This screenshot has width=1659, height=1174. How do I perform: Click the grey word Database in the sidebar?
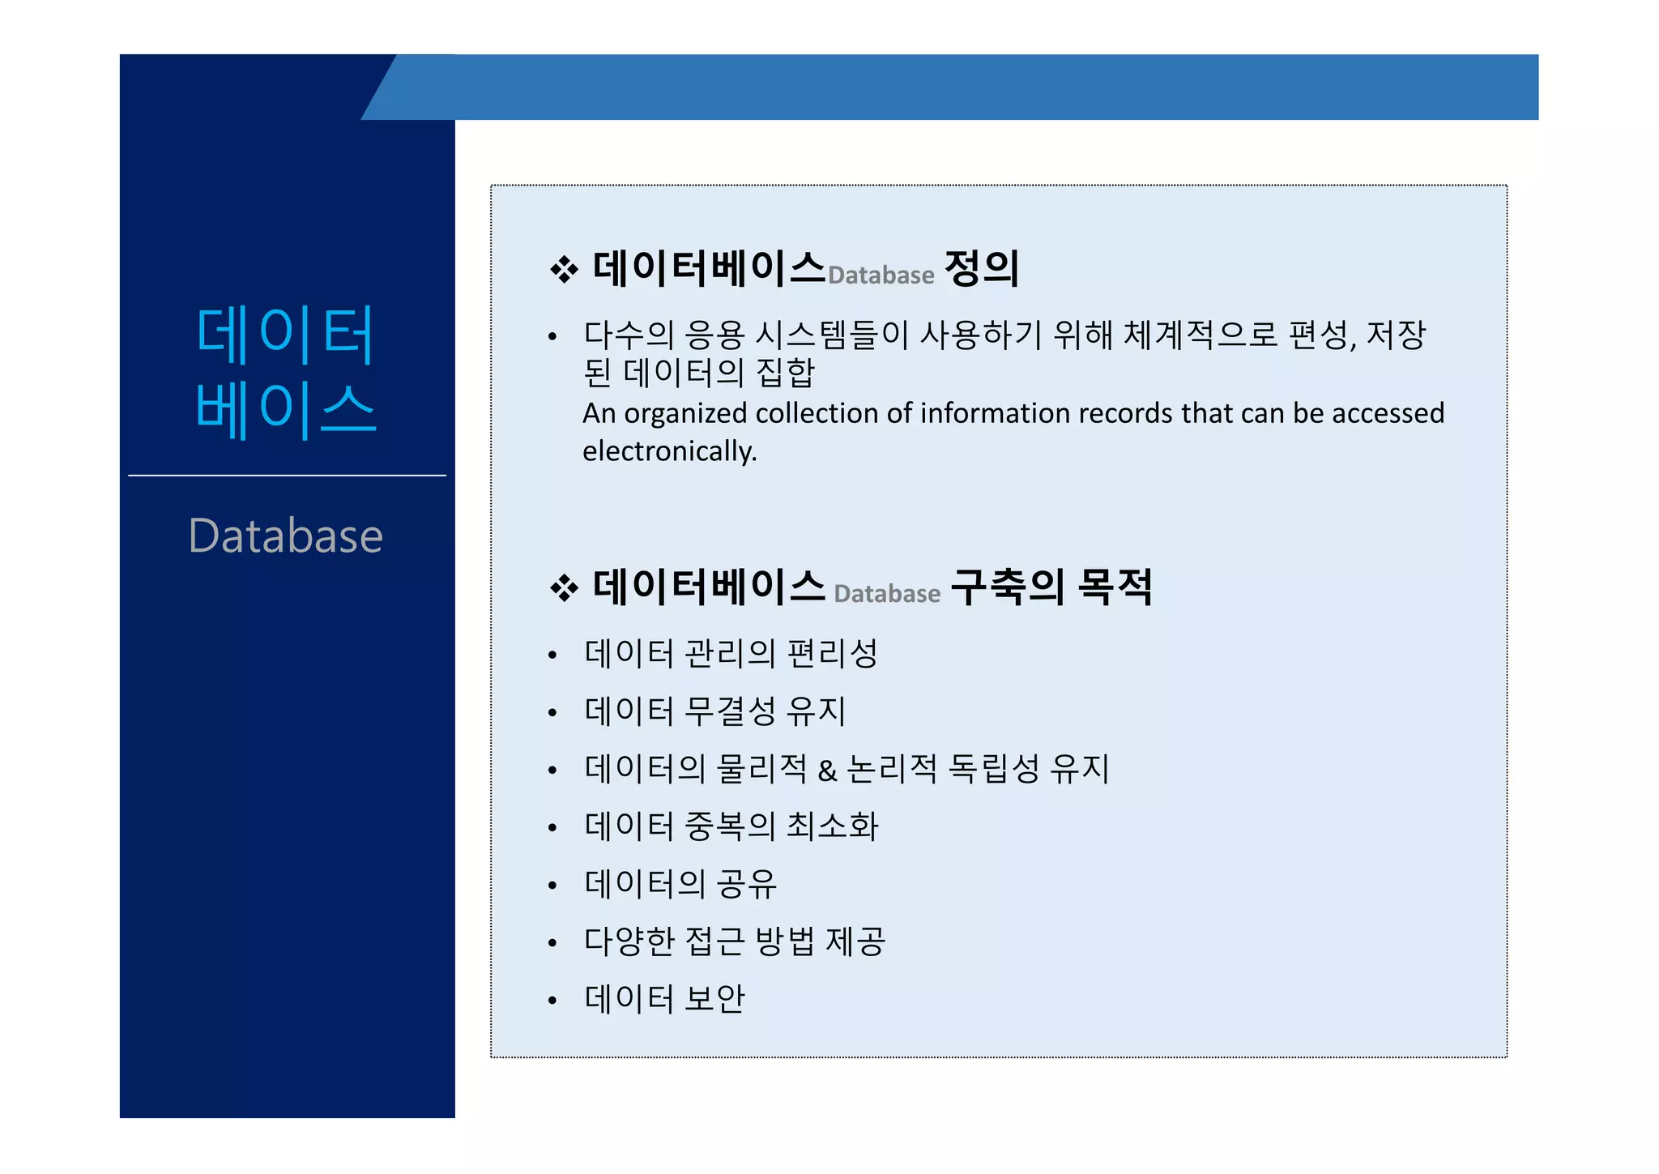click(x=285, y=536)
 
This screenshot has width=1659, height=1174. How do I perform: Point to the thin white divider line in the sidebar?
click(x=287, y=476)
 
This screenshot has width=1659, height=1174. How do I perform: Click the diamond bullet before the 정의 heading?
click(x=564, y=270)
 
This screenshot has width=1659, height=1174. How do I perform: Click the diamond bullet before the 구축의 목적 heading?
click(x=564, y=588)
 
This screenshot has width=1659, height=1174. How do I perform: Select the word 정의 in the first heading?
click(x=982, y=268)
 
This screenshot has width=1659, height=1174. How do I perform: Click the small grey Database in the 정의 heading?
click(x=881, y=275)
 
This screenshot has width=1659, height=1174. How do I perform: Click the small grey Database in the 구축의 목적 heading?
click(x=887, y=594)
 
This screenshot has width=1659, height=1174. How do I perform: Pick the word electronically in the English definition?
click(x=669, y=451)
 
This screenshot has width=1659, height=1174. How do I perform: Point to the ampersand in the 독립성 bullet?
click(x=827, y=770)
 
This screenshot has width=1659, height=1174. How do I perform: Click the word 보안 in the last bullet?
click(x=714, y=999)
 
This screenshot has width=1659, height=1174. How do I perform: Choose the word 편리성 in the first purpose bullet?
click(x=833, y=653)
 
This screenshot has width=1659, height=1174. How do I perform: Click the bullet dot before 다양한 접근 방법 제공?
click(x=552, y=942)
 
